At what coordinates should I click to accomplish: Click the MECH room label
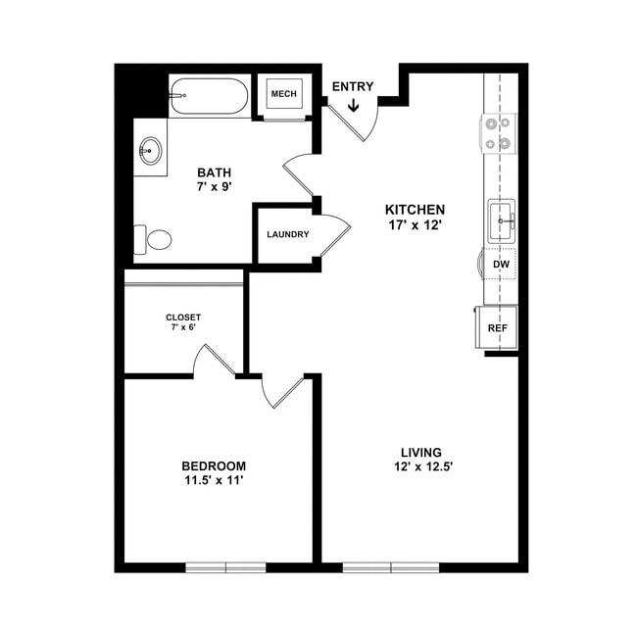(283, 94)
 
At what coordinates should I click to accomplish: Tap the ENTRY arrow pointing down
(352, 104)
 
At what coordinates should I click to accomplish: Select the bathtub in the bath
(209, 97)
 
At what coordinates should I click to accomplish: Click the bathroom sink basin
(151, 151)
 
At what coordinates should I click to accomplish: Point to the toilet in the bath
(154, 238)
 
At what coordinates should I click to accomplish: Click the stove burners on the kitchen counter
(499, 133)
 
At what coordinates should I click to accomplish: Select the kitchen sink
(502, 221)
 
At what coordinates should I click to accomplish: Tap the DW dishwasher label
(500, 265)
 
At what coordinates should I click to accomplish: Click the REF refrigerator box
(497, 327)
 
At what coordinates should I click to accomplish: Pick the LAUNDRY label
(288, 235)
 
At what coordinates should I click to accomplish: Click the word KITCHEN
(415, 210)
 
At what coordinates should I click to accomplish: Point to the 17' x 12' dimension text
(415, 226)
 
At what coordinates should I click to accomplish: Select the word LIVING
(420, 452)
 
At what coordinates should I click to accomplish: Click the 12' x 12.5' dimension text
(420, 467)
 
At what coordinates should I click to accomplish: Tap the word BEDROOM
(214, 465)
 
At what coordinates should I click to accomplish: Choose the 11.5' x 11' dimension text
(214, 481)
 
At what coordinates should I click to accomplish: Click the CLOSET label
(183, 318)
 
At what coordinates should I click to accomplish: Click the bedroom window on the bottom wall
(226, 566)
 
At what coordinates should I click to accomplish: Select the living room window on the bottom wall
(391, 566)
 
